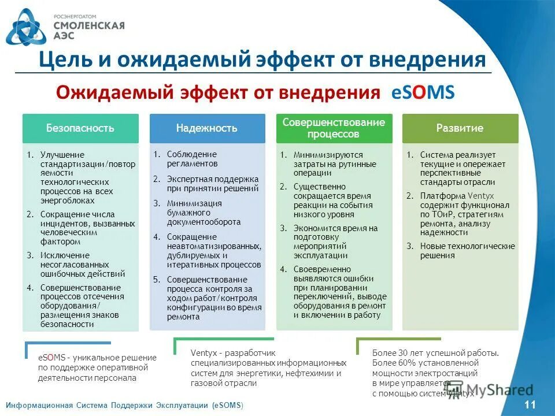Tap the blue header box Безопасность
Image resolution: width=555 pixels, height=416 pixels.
click(x=80, y=128)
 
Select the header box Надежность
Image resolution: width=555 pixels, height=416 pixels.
click(x=206, y=128)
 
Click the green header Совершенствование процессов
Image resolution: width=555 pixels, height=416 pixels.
click(x=334, y=128)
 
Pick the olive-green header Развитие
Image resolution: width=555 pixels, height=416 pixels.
click(x=460, y=128)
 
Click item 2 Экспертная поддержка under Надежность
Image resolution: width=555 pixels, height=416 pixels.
click(x=212, y=183)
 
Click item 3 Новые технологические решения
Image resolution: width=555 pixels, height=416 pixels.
click(x=467, y=250)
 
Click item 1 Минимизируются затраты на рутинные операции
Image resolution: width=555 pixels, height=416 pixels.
click(x=328, y=164)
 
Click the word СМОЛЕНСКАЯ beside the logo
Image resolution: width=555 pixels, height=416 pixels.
click(x=88, y=25)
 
